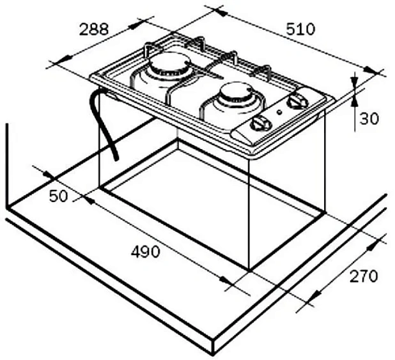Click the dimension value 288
95,29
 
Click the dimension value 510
300,29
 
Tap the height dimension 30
369,118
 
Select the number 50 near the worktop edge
58,196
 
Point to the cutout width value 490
145,251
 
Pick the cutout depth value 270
364,276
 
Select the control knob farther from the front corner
297,102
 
